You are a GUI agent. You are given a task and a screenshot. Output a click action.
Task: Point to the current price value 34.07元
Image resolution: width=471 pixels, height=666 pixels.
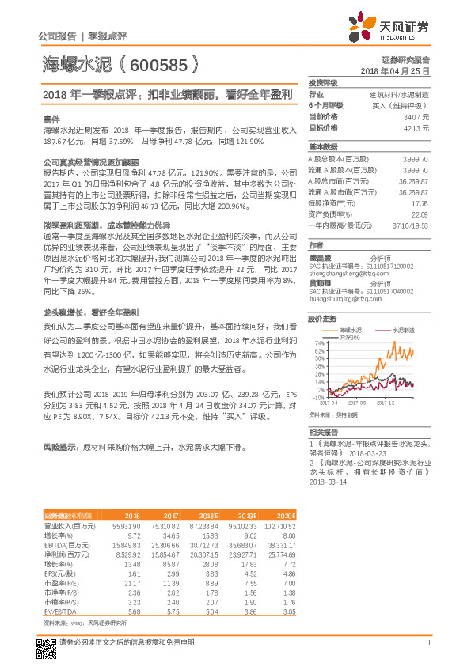coord(417,116)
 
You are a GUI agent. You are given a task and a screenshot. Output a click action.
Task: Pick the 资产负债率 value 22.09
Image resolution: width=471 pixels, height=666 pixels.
coord(420,214)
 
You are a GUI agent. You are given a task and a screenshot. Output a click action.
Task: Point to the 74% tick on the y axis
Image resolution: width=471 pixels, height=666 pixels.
coord(319,343)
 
